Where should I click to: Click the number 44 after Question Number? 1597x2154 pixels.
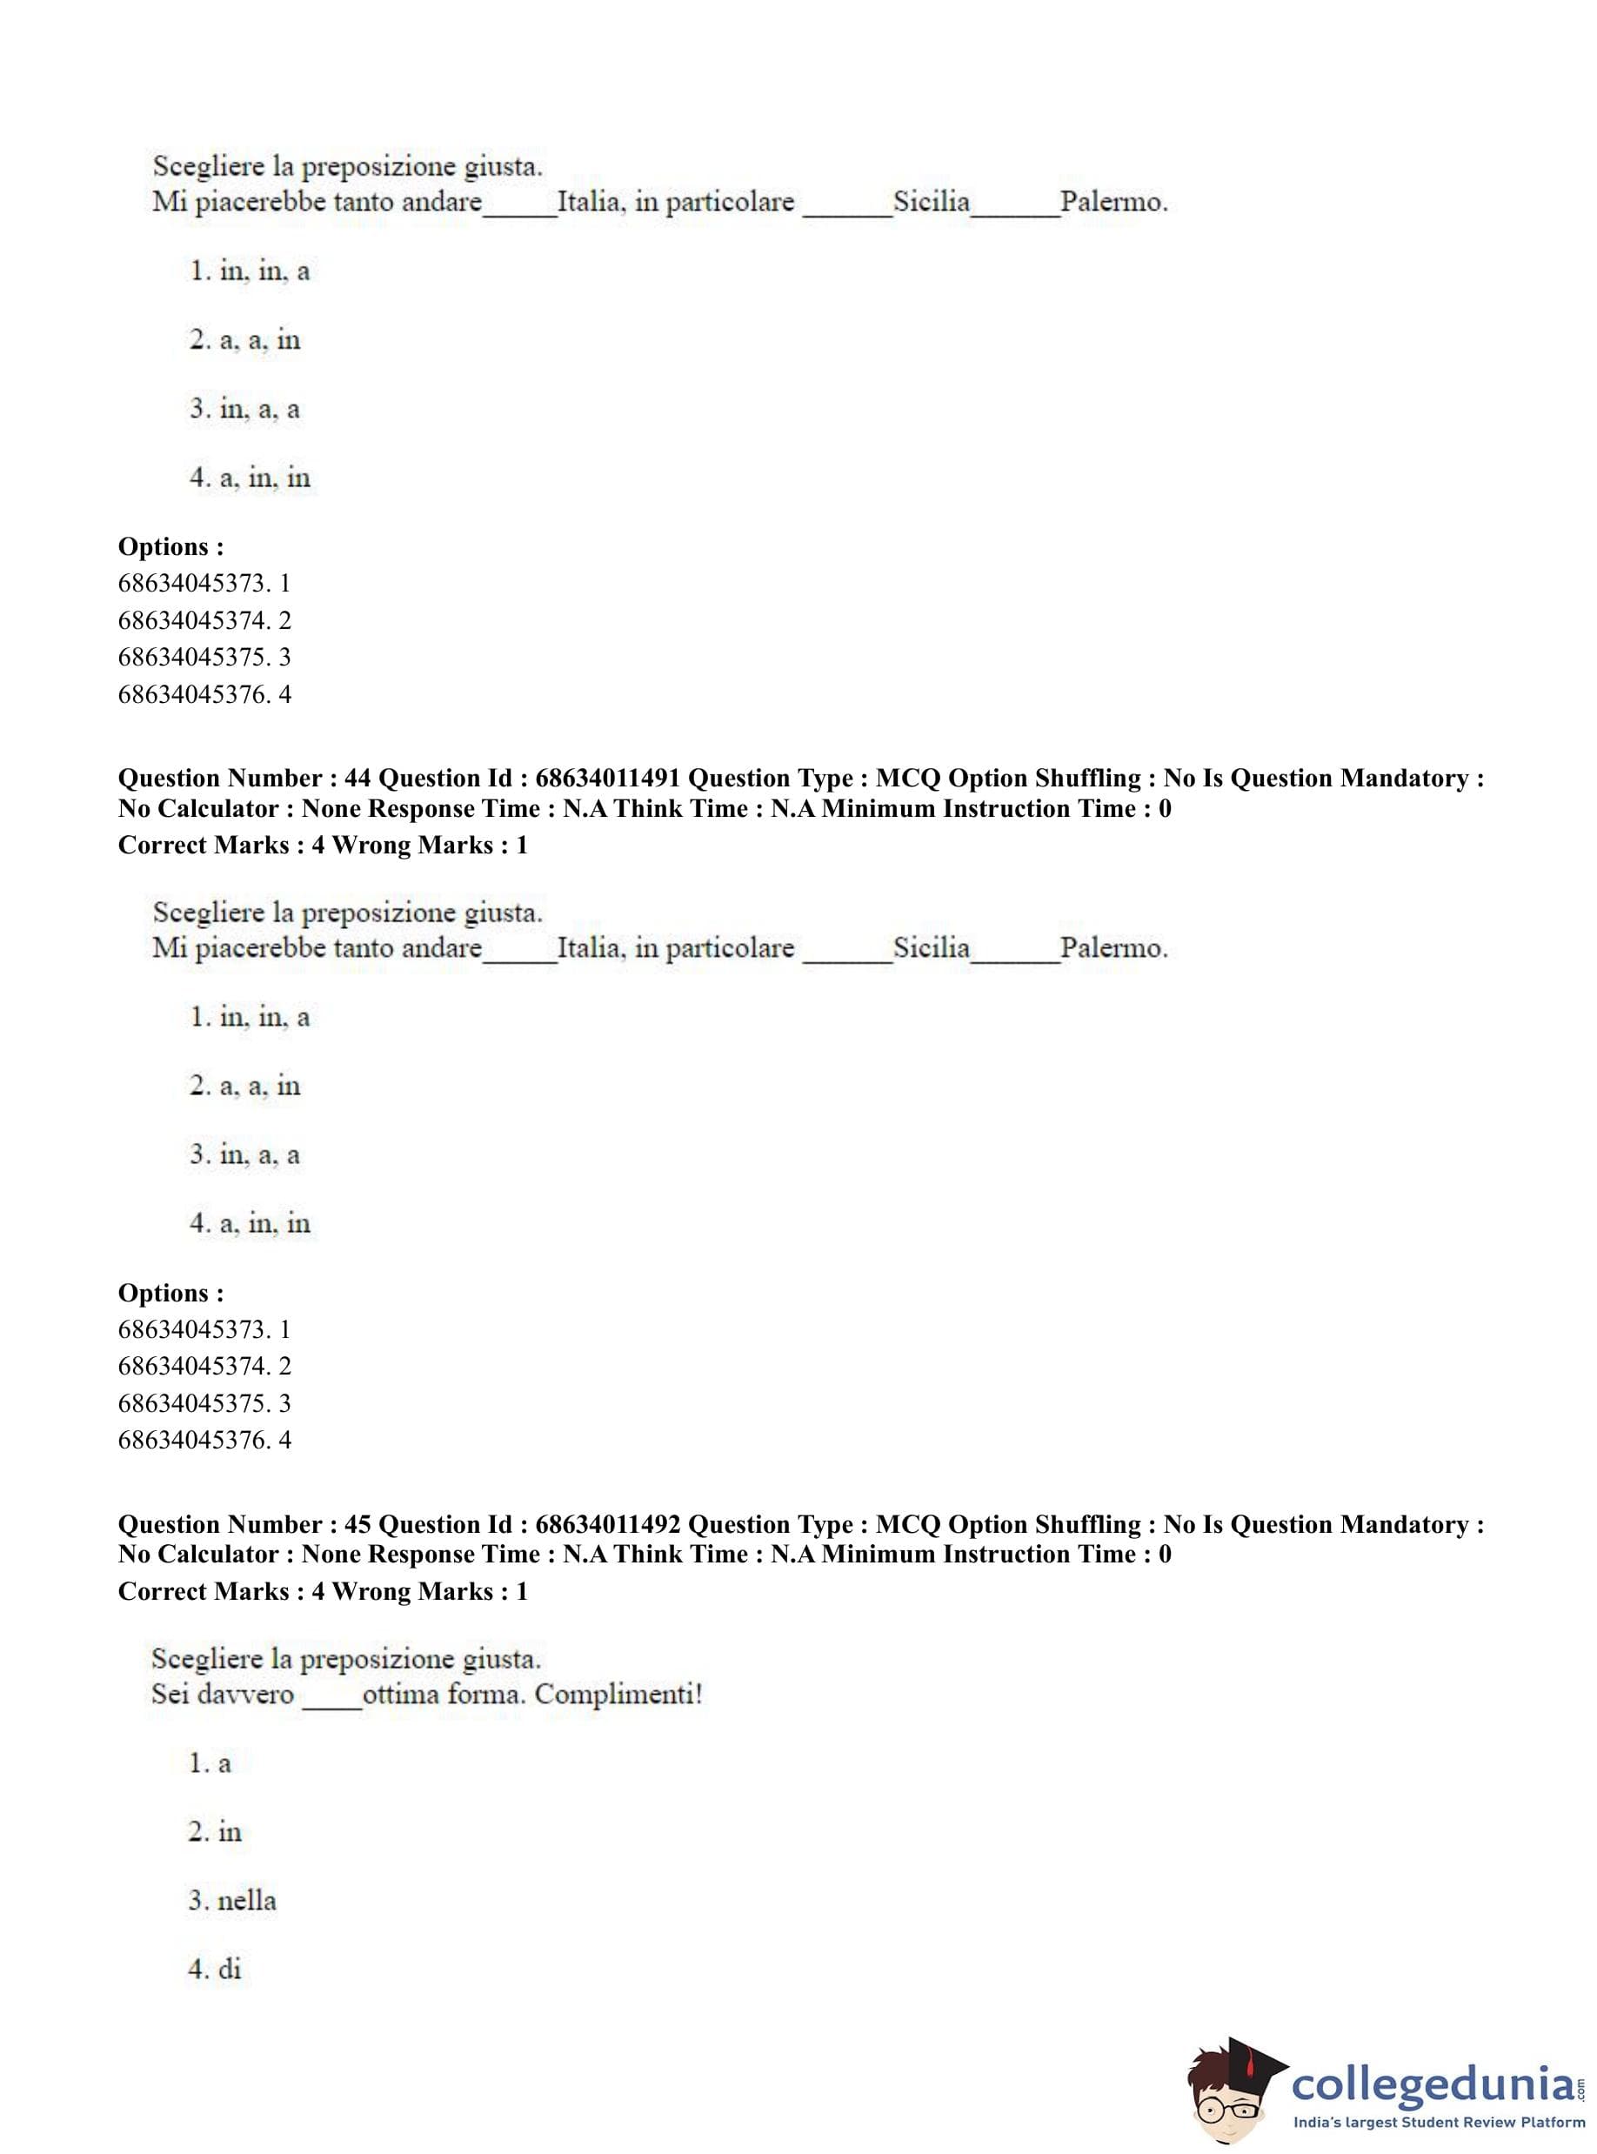point(357,779)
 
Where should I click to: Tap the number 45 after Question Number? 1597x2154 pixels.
point(357,1525)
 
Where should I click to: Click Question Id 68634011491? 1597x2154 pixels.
point(608,779)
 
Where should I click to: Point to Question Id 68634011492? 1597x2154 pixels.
point(608,1525)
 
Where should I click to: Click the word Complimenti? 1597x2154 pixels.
point(618,1695)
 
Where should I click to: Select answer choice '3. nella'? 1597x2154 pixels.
point(232,1901)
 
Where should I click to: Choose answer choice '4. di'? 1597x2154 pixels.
point(215,1970)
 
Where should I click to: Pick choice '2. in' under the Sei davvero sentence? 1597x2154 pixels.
point(215,1832)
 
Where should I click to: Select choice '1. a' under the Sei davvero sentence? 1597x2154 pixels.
point(210,1763)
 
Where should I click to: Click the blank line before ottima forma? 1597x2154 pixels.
point(331,1703)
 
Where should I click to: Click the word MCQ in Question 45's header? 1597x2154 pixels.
point(908,1525)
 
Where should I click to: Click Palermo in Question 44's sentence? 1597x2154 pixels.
point(1113,948)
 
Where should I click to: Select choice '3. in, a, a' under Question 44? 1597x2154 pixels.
point(244,1155)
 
